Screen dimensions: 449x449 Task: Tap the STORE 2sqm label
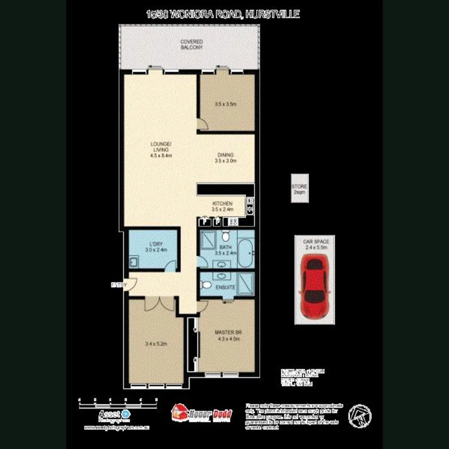tap(300, 189)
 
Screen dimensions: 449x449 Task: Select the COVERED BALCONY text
tap(192, 44)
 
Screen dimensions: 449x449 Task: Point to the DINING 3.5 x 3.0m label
tap(225, 158)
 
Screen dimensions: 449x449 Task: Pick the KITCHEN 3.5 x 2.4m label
tap(222, 207)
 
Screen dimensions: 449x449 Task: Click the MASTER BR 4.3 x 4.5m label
tap(228, 335)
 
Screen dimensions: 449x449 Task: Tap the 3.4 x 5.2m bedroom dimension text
tap(155, 343)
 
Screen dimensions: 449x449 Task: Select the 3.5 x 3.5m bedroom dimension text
tap(225, 104)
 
